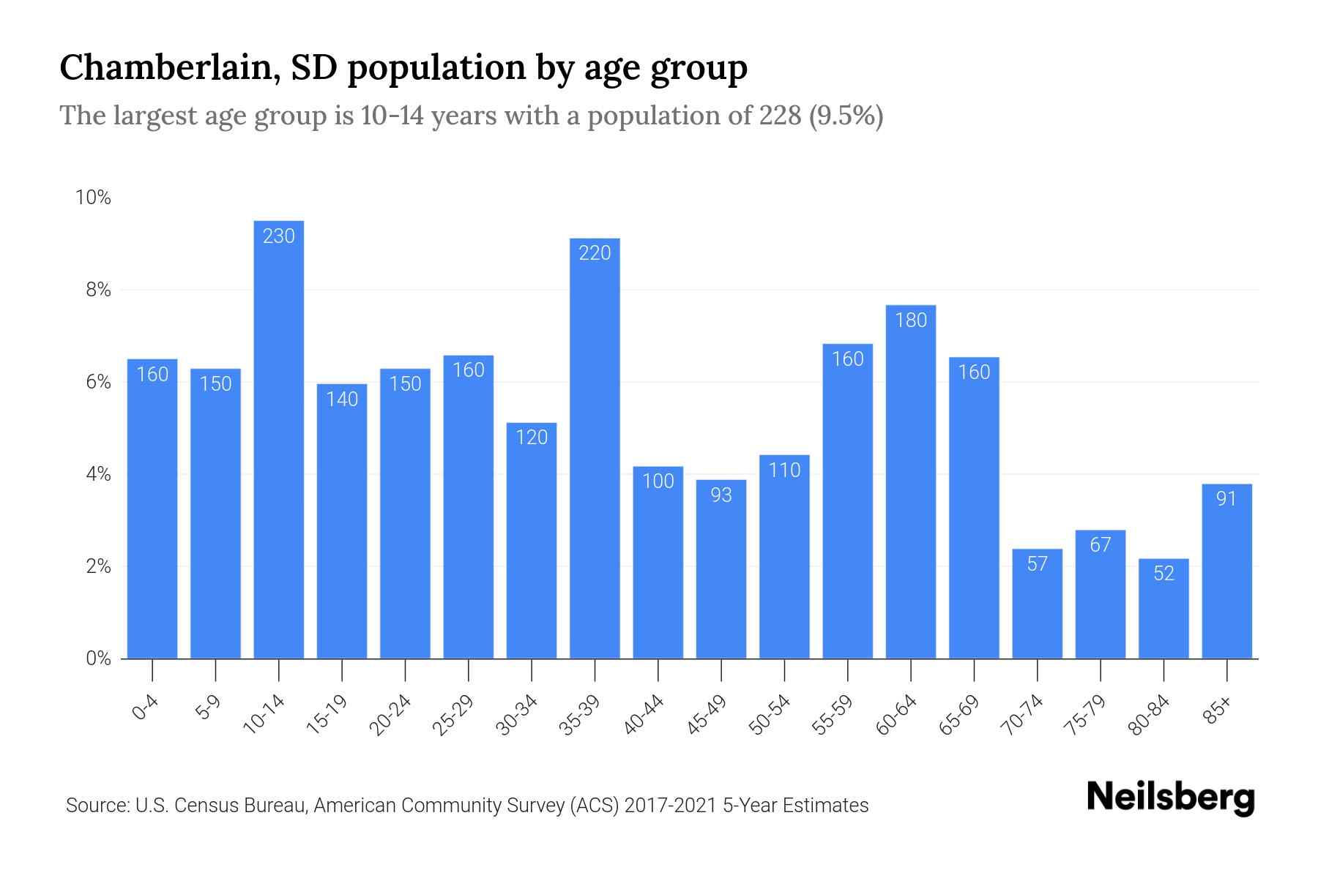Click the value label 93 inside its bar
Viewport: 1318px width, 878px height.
coord(721,495)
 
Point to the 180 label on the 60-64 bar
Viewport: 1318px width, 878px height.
coord(911,320)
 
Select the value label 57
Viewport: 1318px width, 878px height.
coord(1037,564)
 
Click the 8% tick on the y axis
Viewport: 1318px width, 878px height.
coord(98,290)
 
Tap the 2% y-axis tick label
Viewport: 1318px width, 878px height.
coord(98,567)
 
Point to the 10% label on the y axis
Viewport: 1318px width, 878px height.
coord(93,198)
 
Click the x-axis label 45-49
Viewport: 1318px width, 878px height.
coord(707,715)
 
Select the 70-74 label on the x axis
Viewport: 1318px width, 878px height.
coord(1022,715)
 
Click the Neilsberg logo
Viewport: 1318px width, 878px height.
coord(1170,798)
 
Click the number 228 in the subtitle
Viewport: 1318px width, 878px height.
coord(780,116)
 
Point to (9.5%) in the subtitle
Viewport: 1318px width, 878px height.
coord(846,116)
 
